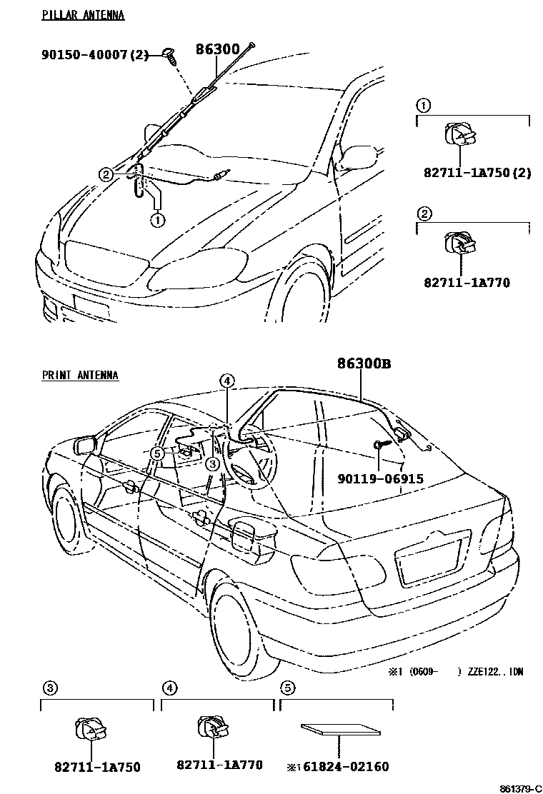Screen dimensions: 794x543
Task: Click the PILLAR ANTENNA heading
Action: click(x=83, y=15)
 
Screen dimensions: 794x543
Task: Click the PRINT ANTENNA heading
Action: click(x=80, y=375)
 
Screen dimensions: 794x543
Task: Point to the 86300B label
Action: click(x=364, y=363)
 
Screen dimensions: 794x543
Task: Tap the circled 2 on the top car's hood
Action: click(x=106, y=174)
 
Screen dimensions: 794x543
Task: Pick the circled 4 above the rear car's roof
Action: click(x=226, y=381)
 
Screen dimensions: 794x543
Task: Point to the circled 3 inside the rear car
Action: click(x=211, y=463)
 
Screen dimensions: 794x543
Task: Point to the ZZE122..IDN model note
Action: click(x=494, y=673)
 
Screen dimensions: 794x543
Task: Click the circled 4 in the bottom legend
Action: click(x=169, y=688)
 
